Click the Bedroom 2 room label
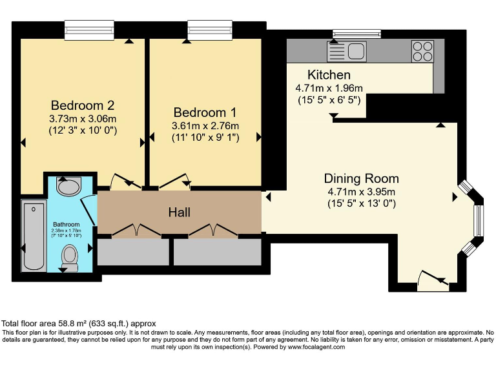click(x=83, y=105)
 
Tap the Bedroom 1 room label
click(x=205, y=112)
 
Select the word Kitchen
click(x=329, y=75)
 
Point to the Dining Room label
click(x=361, y=179)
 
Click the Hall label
click(x=180, y=212)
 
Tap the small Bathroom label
click(x=66, y=224)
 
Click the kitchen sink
click(x=347, y=51)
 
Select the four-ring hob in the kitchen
click(x=422, y=51)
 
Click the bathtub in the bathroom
click(x=34, y=236)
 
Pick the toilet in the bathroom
click(x=70, y=258)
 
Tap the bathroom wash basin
click(x=68, y=186)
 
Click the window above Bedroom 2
click(x=89, y=30)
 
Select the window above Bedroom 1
click(x=210, y=30)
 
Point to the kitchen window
click(x=356, y=33)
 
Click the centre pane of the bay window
click(x=479, y=220)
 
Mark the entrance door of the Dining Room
click(x=433, y=280)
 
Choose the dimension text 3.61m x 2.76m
click(x=205, y=126)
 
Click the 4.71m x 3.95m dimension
click(x=362, y=192)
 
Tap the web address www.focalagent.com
click(x=316, y=347)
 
